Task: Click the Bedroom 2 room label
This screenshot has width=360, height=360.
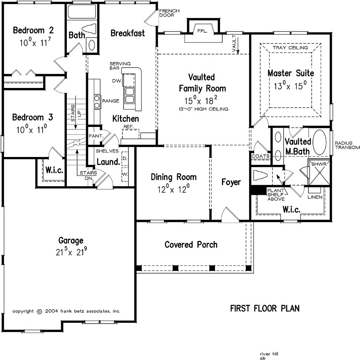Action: [33, 30]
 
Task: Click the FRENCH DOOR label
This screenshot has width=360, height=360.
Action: [169, 13]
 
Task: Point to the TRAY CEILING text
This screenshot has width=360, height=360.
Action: [290, 48]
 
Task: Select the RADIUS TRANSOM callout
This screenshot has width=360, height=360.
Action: [347, 145]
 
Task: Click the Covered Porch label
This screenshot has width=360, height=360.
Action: [191, 245]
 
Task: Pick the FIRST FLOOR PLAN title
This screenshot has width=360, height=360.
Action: [265, 308]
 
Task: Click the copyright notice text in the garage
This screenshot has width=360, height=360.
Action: [66, 311]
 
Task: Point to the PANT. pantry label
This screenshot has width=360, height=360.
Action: [96, 136]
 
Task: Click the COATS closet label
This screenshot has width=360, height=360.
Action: [261, 156]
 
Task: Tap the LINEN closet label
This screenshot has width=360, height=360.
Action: [315, 197]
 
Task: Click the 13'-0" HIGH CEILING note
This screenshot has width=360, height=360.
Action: [202, 109]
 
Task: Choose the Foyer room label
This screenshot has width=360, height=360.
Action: [231, 182]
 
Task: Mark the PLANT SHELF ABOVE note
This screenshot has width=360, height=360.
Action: [276, 194]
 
